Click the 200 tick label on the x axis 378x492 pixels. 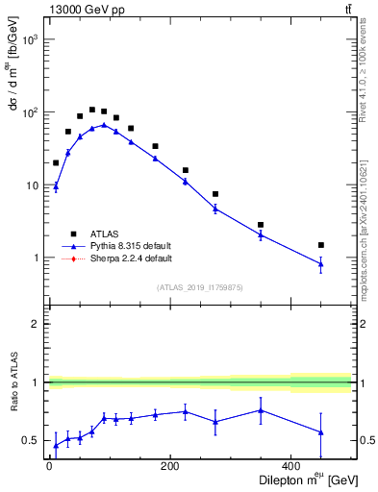(x=170, y=467)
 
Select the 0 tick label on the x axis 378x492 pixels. (x=49, y=467)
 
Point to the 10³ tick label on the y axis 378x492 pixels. (x=32, y=39)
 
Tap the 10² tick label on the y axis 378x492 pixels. (x=32, y=112)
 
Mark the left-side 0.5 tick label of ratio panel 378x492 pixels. (x=33, y=440)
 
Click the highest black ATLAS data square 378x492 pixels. (x=92, y=110)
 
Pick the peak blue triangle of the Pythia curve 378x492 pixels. (x=104, y=125)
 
